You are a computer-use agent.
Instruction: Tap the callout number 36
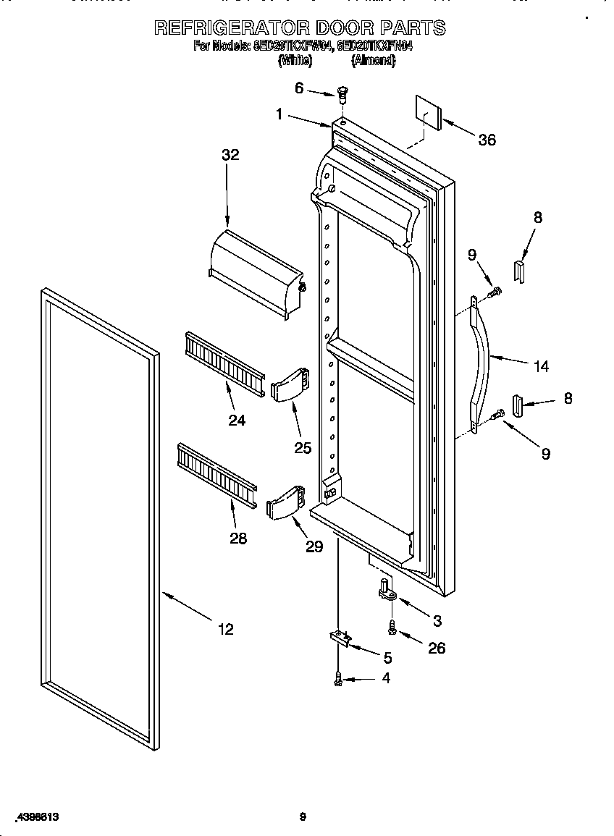(487, 140)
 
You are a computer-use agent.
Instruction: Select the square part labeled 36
(428, 112)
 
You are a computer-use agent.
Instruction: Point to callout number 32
(230, 155)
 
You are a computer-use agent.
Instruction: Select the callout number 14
(540, 366)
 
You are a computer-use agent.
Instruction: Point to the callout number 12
(226, 629)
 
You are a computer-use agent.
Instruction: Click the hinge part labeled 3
(385, 590)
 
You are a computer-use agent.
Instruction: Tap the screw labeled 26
(392, 628)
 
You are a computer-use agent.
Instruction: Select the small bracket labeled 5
(339, 637)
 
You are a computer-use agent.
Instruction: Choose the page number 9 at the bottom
(303, 817)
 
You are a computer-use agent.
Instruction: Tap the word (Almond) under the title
(373, 62)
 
